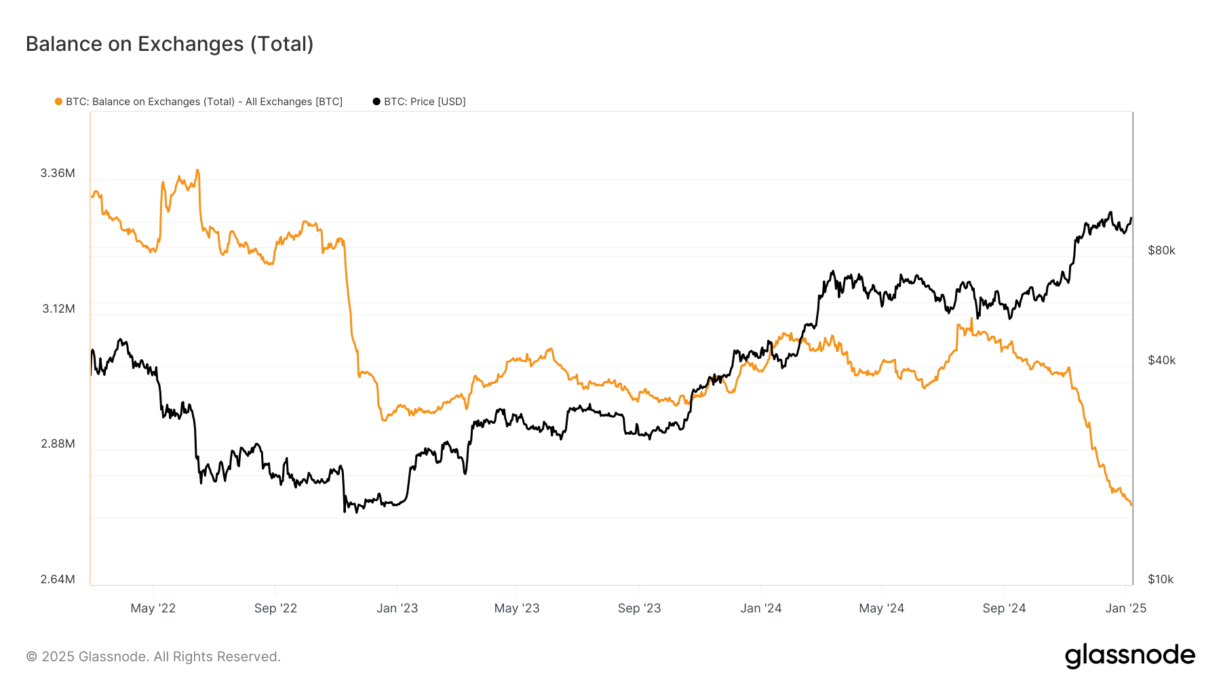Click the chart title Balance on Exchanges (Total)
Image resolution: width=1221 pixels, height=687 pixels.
(x=170, y=44)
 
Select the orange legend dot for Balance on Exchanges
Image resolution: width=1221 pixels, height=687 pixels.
(x=59, y=102)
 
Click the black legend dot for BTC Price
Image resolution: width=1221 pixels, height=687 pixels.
(x=376, y=102)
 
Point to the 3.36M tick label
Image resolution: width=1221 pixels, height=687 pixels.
(x=58, y=173)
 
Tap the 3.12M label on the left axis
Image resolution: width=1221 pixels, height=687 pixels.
(x=58, y=309)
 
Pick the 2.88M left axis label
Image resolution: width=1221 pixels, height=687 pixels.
(x=58, y=444)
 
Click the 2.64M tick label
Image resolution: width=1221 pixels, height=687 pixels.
(x=58, y=579)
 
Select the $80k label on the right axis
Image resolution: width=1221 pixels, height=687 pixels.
(x=1161, y=250)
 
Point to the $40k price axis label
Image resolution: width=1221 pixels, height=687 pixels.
(x=1161, y=360)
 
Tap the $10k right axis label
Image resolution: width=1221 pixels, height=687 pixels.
(x=1161, y=579)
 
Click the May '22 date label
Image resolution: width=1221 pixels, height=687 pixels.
(x=153, y=608)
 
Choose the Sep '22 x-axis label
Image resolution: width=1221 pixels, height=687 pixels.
(x=275, y=608)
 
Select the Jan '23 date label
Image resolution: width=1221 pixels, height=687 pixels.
(x=398, y=608)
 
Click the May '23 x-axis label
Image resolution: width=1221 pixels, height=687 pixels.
(x=517, y=608)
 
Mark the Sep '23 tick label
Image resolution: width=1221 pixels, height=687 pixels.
(x=639, y=608)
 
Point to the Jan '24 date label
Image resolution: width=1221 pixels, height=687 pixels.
(x=761, y=608)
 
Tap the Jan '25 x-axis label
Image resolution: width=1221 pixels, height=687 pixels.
(x=1126, y=608)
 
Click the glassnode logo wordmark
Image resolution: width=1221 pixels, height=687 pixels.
(x=1129, y=656)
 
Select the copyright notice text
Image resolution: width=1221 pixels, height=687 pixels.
(x=153, y=656)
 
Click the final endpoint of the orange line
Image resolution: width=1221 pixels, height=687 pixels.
(x=1131, y=505)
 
